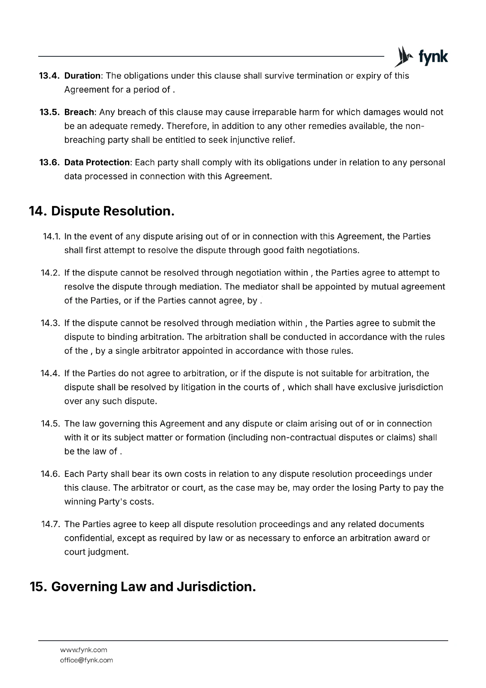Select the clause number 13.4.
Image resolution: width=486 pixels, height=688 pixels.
49,76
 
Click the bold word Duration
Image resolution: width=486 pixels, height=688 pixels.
82,76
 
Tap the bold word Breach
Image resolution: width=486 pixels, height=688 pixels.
79,113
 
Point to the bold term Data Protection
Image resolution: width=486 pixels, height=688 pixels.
97,163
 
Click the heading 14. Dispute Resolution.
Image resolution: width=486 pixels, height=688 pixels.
102,211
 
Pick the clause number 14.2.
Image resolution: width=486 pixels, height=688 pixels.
51,273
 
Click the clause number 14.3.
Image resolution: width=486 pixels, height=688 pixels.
51,323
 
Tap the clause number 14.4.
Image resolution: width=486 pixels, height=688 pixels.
51,374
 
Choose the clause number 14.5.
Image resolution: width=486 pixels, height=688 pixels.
51,424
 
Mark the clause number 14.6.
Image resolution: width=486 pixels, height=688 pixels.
51,474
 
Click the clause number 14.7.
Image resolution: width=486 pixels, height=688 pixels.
51,525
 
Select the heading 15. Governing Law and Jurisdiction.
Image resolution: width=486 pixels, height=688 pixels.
143,587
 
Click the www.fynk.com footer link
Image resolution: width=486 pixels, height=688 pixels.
83,650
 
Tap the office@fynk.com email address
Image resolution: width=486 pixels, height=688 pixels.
86,660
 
